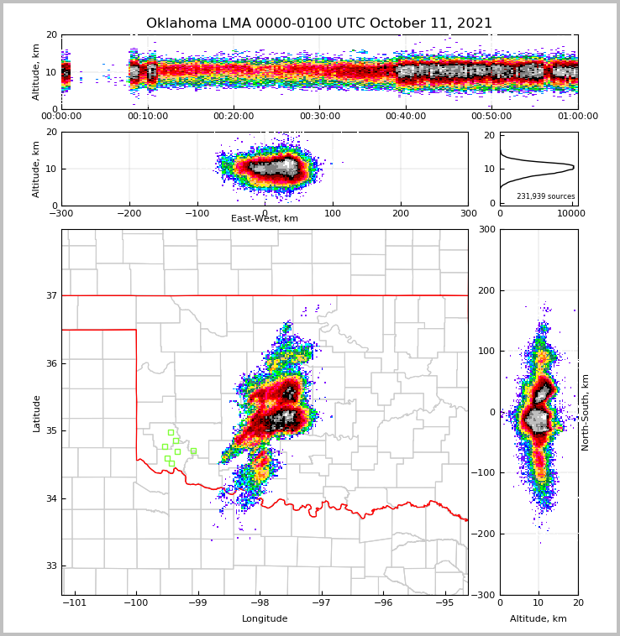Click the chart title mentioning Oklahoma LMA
coord(319,23)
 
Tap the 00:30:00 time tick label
coord(320,117)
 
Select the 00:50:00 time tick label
coord(491,117)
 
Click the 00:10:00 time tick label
coord(148,117)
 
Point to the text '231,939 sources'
coord(545,196)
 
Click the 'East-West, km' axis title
coord(265,219)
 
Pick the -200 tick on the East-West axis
coord(129,213)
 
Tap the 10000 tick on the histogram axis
coord(571,213)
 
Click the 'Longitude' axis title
coord(265,619)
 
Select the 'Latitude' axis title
coord(37,413)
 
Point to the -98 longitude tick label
coord(259,603)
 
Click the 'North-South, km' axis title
coord(586,412)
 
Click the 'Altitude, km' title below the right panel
coord(539,619)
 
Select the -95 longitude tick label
coord(444,603)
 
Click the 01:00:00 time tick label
coord(577,117)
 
